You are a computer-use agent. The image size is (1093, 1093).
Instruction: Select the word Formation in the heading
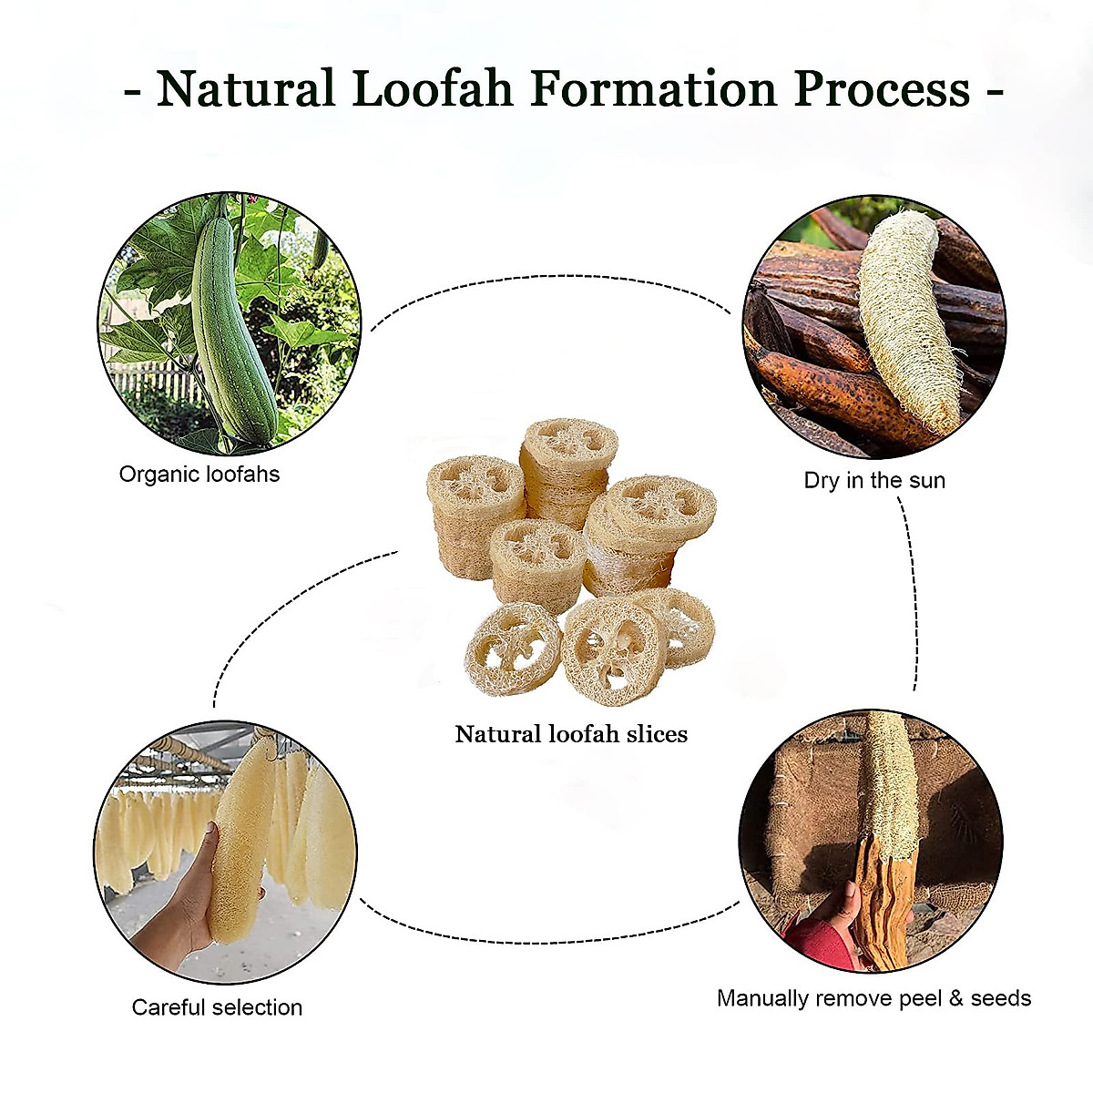point(653,89)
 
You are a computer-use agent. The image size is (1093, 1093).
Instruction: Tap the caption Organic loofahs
point(199,475)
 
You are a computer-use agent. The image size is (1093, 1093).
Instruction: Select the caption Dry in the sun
point(874,481)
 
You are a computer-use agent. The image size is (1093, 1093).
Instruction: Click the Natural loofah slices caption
point(571,734)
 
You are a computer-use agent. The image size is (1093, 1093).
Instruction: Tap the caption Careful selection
point(217,1007)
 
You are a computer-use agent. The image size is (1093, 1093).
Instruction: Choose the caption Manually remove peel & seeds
point(873,998)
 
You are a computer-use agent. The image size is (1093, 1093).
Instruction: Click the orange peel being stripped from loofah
point(879,902)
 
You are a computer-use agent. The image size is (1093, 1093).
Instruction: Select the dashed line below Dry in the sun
point(911,592)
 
